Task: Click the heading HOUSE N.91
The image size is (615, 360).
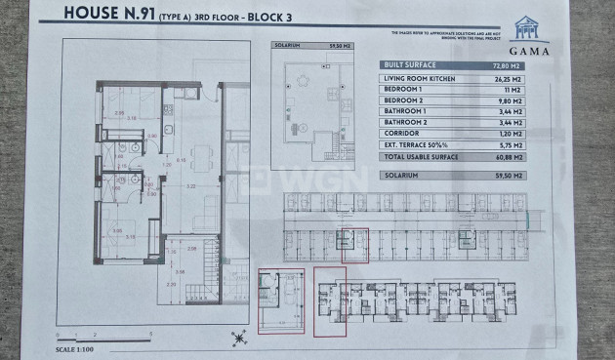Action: (108, 14)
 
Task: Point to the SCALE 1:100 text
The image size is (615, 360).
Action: (79, 347)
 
